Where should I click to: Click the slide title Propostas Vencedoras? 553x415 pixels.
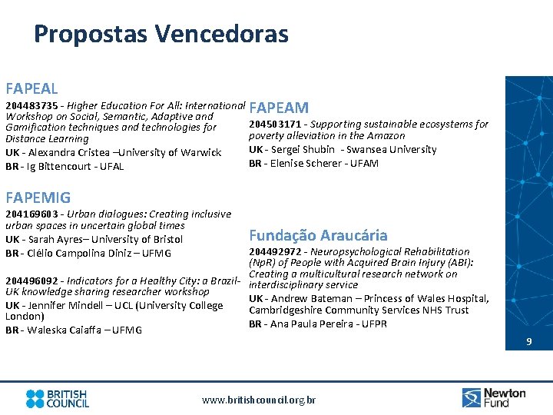point(161,35)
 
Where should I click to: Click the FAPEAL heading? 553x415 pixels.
point(31,89)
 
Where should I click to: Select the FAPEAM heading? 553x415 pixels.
point(279,108)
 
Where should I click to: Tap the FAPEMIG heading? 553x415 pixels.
point(38,198)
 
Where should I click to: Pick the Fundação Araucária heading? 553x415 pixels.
point(318,235)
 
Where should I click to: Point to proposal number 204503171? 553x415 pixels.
point(275,124)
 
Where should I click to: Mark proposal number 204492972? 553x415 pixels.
point(275,252)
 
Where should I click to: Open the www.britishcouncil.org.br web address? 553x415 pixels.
point(258,400)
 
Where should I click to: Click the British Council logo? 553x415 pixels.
point(58,398)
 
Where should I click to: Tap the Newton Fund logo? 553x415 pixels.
point(494,397)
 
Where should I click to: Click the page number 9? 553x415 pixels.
point(528,342)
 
